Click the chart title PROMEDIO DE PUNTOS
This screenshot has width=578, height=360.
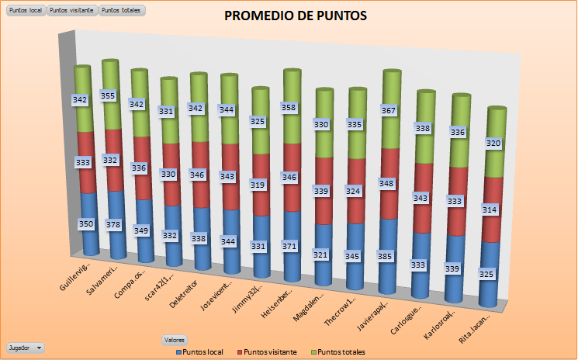tap(296, 16)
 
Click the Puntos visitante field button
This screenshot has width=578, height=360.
tap(72, 10)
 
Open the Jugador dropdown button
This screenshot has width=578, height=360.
tap(26, 348)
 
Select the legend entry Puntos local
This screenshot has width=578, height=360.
tap(200, 352)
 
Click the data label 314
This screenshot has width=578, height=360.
tap(490, 209)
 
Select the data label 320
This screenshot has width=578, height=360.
tap(493, 144)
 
